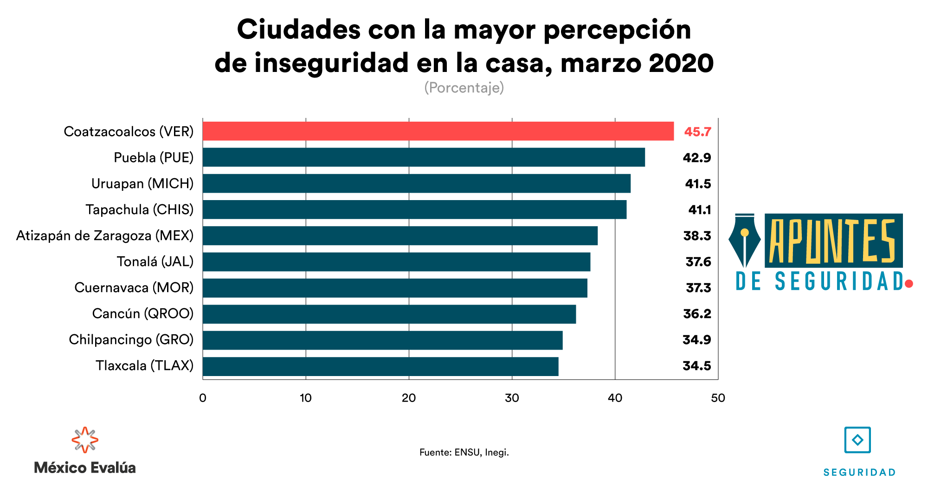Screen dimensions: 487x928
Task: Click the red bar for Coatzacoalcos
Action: coord(438,131)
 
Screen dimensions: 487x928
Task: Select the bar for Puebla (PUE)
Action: coord(424,157)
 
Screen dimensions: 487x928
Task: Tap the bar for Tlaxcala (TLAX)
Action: coord(380,366)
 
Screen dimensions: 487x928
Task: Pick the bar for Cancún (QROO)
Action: coord(389,314)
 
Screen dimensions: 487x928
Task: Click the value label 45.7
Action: coord(697,132)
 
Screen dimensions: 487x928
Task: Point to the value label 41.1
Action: coord(699,210)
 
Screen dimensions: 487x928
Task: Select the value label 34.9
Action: coord(696,340)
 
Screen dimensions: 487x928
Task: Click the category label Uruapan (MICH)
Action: coord(142,184)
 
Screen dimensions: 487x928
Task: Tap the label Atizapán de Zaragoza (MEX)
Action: coord(105,236)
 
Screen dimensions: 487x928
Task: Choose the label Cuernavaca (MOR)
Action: coord(134,288)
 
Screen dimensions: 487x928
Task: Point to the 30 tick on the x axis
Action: coord(512,398)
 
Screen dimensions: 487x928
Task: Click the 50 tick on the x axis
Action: coord(718,398)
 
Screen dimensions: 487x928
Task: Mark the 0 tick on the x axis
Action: coord(203,398)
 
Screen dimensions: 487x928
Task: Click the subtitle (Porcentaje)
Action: coord(464,88)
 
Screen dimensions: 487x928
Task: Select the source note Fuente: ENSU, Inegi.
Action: coord(464,452)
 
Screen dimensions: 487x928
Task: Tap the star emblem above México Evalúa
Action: coord(85,440)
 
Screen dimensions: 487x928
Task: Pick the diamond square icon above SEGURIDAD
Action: coord(857,440)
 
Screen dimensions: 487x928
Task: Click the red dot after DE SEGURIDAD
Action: coord(909,284)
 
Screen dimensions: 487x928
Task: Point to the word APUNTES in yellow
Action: coord(832,241)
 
